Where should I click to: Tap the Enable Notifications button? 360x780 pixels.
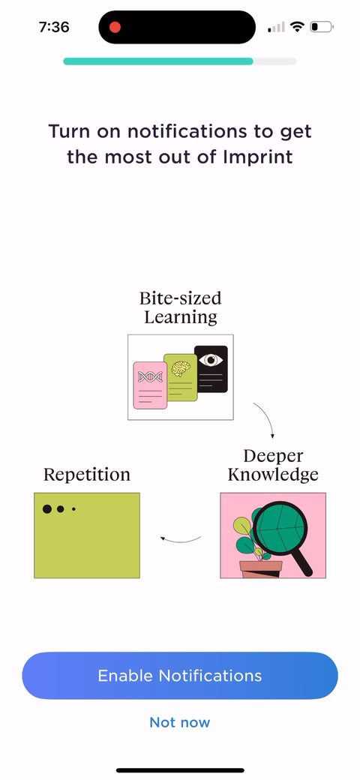(180, 676)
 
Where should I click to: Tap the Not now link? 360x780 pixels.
(180, 722)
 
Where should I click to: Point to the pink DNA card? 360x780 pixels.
(150, 385)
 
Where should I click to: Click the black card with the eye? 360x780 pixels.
(211, 368)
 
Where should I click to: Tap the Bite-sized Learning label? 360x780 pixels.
(181, 307)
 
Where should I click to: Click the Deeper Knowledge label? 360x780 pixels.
(273, 465)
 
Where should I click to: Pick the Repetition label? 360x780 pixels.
(87, 474)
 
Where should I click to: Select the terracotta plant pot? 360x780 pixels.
(260, 569)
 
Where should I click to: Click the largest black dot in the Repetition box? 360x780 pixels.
(47, 509)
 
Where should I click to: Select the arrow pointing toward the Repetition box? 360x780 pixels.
(180, 540)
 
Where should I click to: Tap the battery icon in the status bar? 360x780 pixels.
(322, 27)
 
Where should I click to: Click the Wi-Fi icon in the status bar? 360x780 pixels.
(297, 26)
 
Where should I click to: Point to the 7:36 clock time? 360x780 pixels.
(54, 27)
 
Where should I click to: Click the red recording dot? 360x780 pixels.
(115, 27)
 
